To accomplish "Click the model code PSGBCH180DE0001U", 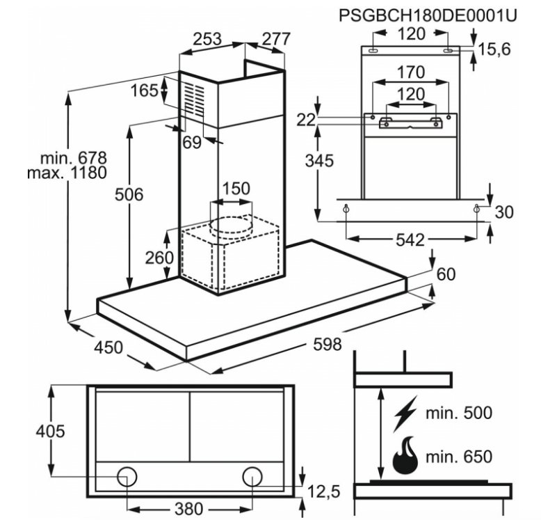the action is point(428,15).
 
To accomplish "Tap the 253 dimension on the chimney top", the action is point(207,40).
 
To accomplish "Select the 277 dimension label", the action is point(276,40).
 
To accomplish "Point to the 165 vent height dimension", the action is point(144,90).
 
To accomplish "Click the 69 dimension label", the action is point(192,142).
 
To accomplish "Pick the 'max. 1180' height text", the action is point(67,173).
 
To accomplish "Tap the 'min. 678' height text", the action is point(74,158).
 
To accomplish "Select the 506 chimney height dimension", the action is point(129,195).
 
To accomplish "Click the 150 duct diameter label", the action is point(236,189).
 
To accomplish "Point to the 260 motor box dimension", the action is point(159,258).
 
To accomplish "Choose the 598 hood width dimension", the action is point(328,345).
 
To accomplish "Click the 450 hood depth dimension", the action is point(108,347).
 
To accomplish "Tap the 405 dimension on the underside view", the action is point(50,432).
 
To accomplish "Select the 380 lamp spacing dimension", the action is point(189,509).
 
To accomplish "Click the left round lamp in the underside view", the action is point(127,477).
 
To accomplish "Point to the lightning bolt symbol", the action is point(405,413).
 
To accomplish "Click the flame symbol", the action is point(405,456).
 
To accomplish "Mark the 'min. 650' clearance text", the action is point(459,457).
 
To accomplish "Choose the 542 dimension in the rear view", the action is point(410,239).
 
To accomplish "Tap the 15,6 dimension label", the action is point(494,49).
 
